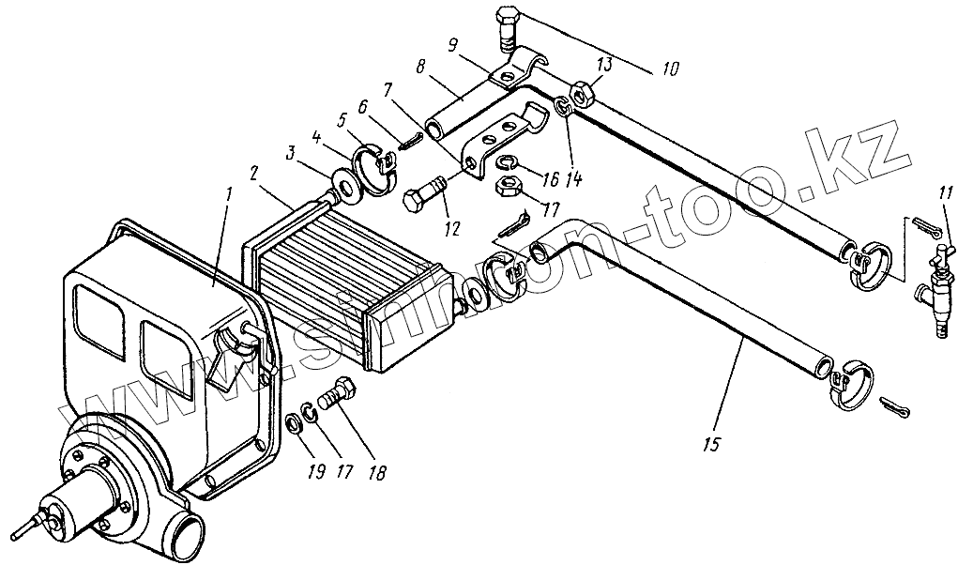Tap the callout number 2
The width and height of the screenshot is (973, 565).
252,175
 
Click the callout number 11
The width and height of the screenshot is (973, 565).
946,195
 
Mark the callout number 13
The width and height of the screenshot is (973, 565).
604,64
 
